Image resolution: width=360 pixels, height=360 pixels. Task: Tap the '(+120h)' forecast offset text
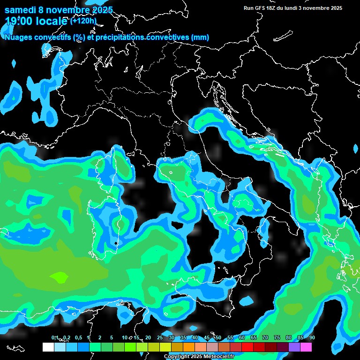coord(83,21)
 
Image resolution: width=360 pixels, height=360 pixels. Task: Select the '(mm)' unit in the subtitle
coord(200,37)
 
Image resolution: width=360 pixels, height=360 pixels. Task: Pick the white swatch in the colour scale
coord(48,347)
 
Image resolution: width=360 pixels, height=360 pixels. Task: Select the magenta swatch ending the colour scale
coord(306,347)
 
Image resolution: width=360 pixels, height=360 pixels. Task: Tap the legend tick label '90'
coord(312,337)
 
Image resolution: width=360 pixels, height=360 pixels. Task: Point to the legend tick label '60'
coord(242,337)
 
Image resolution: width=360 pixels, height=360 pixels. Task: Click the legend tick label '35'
coord(183,337)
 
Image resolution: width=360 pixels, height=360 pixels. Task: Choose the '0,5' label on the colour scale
coord(78,337)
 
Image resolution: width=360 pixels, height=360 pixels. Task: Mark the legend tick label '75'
coord(277,337)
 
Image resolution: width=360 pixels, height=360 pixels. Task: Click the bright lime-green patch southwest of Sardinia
coord(59,277)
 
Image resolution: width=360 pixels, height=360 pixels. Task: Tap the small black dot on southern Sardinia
coord(116,243)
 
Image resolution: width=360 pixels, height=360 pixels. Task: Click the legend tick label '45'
coord(207,337)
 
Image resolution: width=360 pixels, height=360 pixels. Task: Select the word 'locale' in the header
coord(51,21)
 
